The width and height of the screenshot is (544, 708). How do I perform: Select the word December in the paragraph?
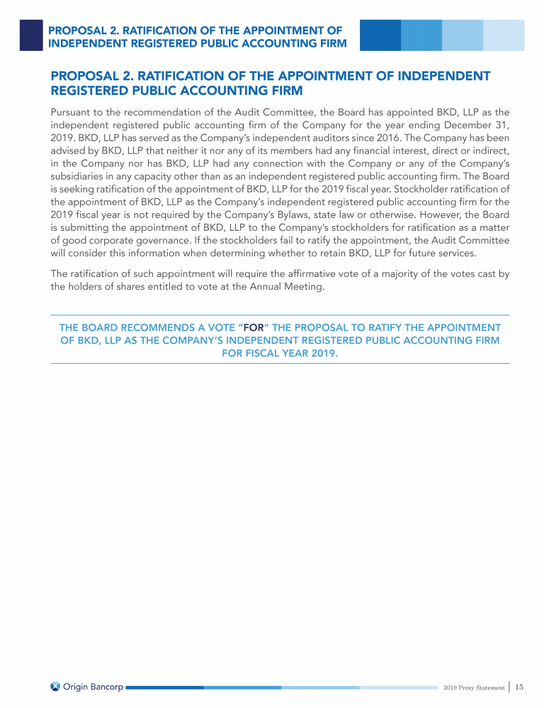[467, 125]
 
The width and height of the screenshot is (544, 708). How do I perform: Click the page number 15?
[519, 687]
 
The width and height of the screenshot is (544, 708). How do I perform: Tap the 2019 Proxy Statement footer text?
[474, 687]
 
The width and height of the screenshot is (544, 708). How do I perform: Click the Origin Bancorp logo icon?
[56, 686]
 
